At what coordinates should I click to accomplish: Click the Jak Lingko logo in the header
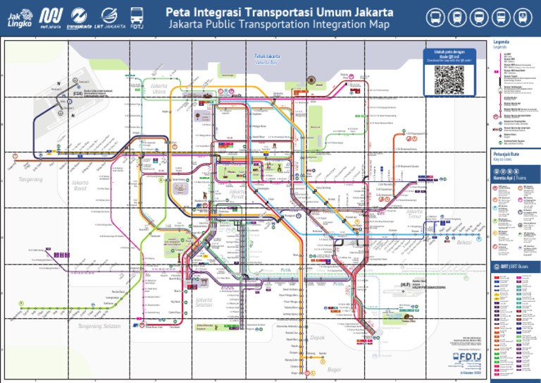tap(20, 17)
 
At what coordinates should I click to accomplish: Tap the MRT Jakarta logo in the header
tap(50, 17)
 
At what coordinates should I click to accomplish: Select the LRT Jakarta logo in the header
tap(112, 17)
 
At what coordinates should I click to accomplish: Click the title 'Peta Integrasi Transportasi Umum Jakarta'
tap(280, 11)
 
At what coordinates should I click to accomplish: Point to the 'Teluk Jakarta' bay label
tap(267, 56)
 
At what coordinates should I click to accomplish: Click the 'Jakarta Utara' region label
tap(159, 89)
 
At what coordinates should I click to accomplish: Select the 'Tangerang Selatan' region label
tap(99, 326)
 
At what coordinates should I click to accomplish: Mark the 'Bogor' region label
tap(334, 369)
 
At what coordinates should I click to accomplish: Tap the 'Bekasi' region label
tap(464, 243)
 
